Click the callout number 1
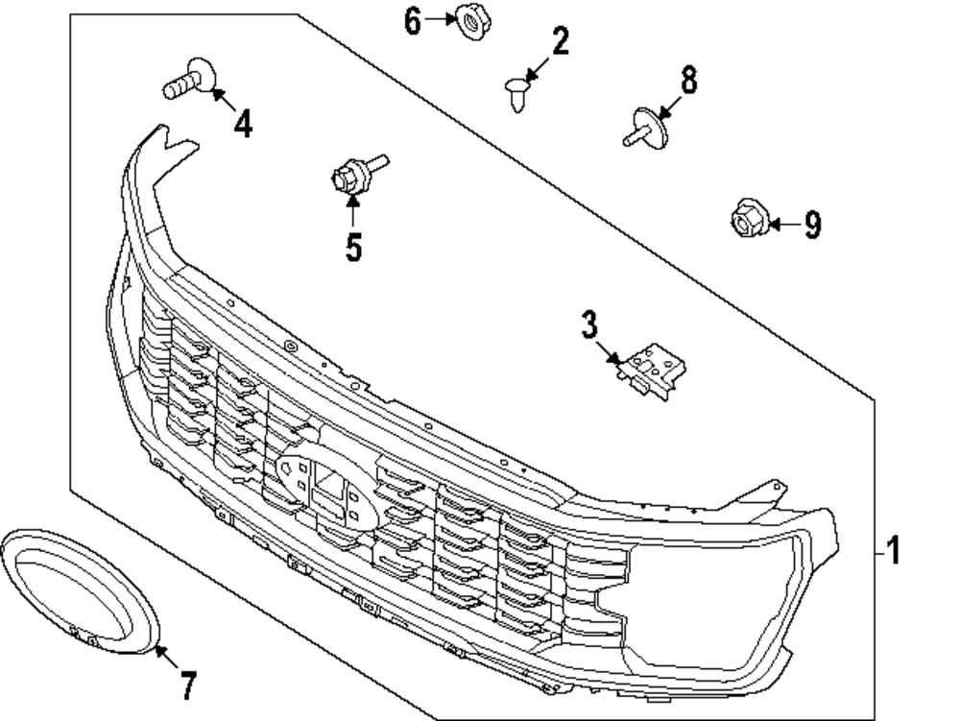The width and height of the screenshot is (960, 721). (x=893, y=552)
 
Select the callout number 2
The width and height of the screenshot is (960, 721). (x=560, y=41)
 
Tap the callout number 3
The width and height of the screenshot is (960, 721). (x=588, y=324)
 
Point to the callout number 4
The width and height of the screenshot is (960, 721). (x=244, y=123)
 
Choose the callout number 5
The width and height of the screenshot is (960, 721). (x=354, y=247)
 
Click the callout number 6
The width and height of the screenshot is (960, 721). (x=413, y=20)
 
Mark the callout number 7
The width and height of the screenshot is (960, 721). (x=188, y=685)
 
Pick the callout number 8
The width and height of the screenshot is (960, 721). (x=688, y=80)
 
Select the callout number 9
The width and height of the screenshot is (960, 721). (x=812, y=226)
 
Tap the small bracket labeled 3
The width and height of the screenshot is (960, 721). (x=655, y=370)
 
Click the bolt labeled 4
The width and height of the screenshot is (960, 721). (x=188, y=79)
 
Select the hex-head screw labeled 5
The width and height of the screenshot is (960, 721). (x=352, y=175)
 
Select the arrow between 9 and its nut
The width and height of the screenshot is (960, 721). (x=781, y=225)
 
